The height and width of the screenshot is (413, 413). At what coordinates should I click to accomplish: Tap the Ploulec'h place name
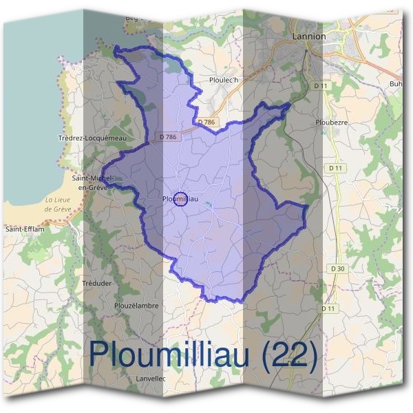[x=223, y=81]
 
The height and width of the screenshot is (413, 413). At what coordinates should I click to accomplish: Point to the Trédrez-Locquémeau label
[x=93, y=138]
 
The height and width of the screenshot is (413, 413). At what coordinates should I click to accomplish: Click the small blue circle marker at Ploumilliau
[x=180, y=199]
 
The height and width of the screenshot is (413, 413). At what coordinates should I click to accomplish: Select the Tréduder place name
[x=96, y=283]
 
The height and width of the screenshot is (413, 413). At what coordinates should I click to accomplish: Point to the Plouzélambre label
[x=137, y=306]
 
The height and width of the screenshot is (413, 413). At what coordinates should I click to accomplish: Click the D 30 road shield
[x=337, y=268]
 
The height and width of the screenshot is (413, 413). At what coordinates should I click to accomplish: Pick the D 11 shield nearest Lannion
[x=317, y=85]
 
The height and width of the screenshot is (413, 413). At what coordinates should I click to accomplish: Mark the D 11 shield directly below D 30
[x=328, y=309]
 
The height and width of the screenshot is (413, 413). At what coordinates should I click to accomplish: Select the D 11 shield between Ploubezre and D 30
[x=336, y=167]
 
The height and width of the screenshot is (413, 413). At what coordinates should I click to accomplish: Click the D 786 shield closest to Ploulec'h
[x=206, y=122]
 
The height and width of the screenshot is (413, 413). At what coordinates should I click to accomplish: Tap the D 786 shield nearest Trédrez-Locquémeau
[x=167, y=137]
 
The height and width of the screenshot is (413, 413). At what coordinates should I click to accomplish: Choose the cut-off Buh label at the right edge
[x=394, y=84]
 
